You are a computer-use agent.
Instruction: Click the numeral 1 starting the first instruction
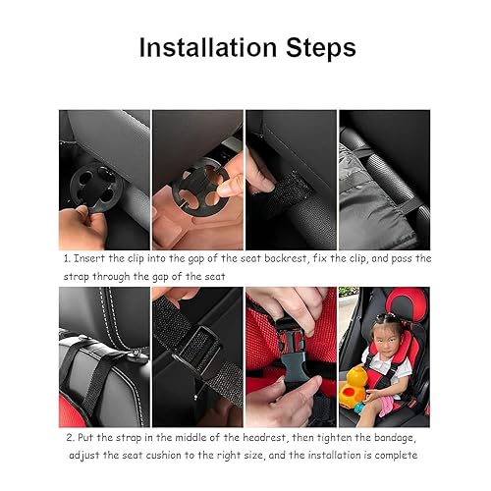(x=66, y=258)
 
